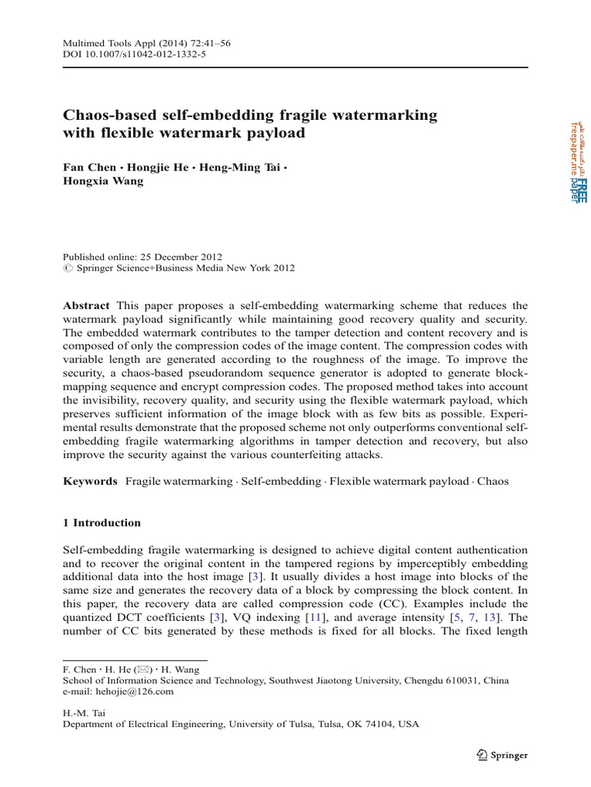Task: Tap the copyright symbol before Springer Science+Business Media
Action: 67,268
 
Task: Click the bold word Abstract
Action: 86,305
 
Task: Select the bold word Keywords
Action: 90,481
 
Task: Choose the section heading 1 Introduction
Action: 102,523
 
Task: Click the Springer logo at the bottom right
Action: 502,755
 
